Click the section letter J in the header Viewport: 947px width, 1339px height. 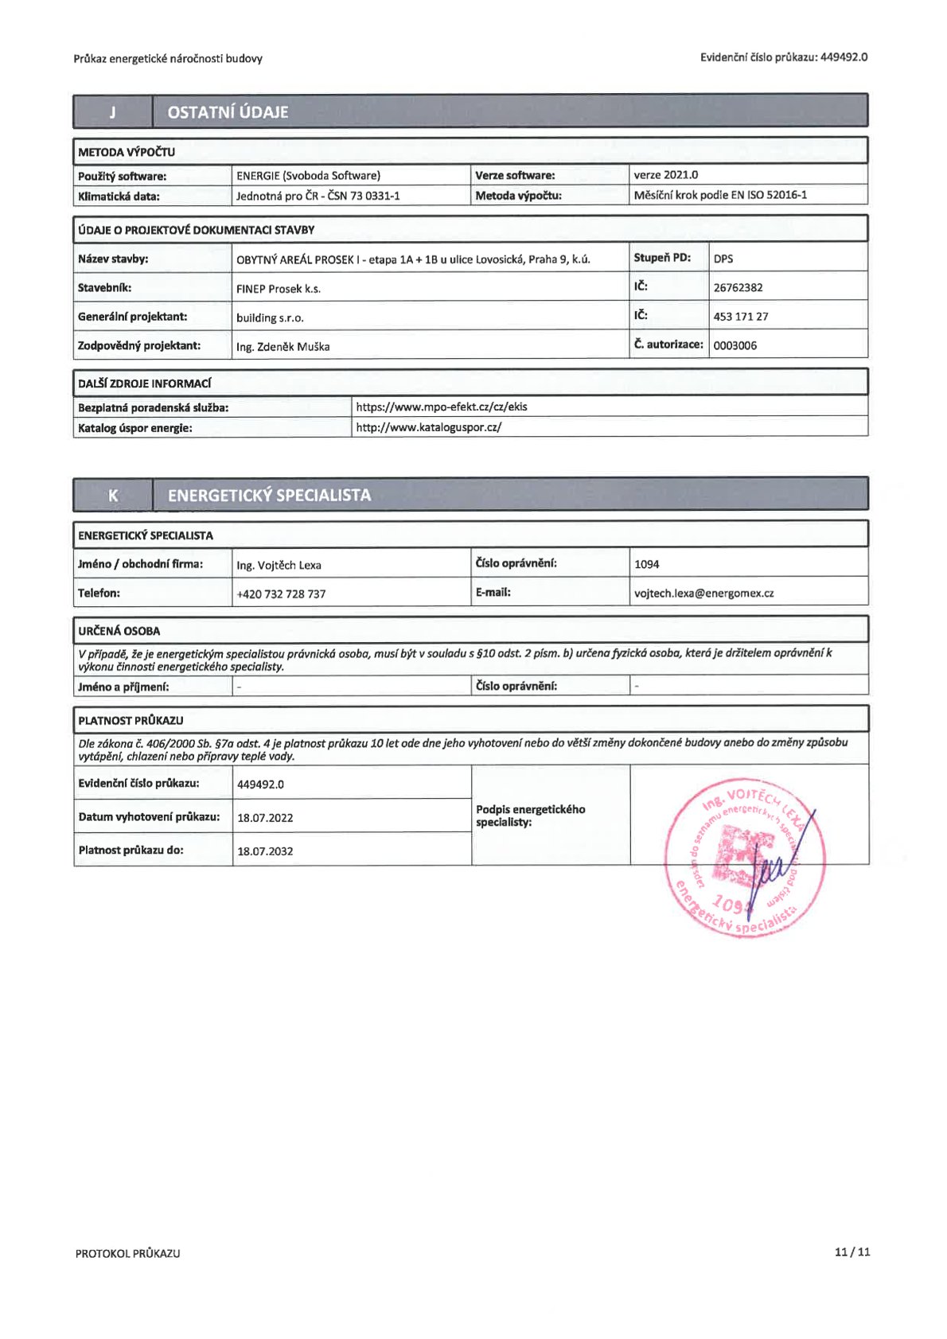(x=112, y=112)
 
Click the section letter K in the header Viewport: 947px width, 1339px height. (x=112, y=495)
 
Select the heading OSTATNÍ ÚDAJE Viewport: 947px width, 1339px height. (x=228, y=112)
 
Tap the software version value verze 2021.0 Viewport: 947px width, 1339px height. (x=665, y=175)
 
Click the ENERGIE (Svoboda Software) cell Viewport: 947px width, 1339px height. (x=308, y=175)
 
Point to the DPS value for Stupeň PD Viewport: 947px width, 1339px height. (x=723, y=259)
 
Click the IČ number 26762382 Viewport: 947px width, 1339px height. (x=738, y=287)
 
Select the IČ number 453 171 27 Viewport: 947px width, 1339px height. (x=741, y=317)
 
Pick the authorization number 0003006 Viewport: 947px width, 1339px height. (x=735, y=345)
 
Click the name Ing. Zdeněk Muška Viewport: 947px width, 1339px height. (x=283, y=346)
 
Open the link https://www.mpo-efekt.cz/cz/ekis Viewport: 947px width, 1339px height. (x=442, y=407)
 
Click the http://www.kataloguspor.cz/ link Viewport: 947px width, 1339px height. (x=429, y=427)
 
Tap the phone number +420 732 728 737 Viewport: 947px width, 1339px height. (x=281, y=594)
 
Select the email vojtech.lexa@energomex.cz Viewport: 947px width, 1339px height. (x=703, y=593)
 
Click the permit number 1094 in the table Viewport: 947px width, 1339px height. (x=646, y=564)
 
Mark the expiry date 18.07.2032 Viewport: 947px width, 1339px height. (x=265, y=850)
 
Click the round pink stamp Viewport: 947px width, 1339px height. (x=744, y=857)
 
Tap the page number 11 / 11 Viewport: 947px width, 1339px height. (x=852, y=1251)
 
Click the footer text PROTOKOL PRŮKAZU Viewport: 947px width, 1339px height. (x=127, y=1253)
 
